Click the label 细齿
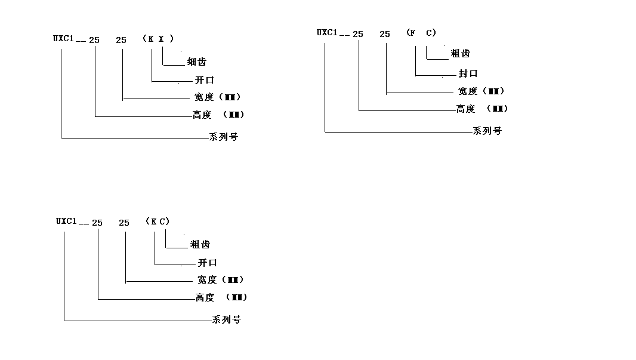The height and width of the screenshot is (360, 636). [197, 61]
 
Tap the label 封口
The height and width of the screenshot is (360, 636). [468, 73]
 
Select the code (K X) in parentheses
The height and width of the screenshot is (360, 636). [158, 39]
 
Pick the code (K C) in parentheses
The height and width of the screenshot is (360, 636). [158, 221]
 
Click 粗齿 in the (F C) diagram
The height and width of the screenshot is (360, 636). [460, 54]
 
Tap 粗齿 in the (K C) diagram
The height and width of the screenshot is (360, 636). [200, 244]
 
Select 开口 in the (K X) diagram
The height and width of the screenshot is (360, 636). [204, 80]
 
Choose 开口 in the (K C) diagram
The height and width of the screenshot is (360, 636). [207, 263]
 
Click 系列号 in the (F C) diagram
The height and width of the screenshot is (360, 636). [487, 131]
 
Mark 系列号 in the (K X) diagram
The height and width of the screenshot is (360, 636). [224, 137]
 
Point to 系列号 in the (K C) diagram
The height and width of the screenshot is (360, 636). [227, 319]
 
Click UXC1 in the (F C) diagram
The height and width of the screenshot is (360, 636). [327, 32]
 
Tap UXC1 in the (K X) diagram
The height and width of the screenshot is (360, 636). [63, 39]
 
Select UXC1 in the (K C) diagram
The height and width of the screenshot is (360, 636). [66, 221]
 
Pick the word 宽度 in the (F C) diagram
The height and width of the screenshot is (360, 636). [468, 91]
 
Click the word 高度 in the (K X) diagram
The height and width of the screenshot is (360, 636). [202, 115]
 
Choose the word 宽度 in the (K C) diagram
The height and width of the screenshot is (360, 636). [206, 279]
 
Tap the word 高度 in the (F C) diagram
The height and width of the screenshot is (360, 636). [465, 109]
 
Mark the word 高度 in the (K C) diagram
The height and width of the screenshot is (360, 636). [205, 297]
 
